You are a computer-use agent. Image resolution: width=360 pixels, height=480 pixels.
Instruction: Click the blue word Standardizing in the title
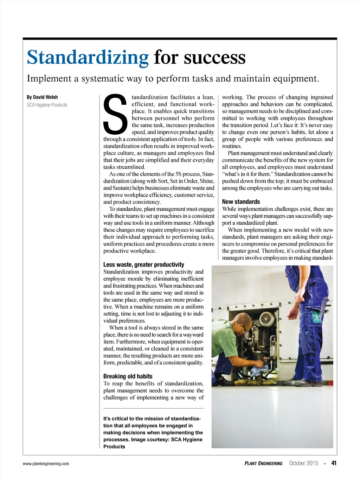(88, 57)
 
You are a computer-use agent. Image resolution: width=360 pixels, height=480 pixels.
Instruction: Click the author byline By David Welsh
(42, 97)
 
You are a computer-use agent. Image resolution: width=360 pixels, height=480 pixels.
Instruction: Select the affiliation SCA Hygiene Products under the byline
(47, 105)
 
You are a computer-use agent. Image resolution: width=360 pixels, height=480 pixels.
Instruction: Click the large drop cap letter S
(115, 115)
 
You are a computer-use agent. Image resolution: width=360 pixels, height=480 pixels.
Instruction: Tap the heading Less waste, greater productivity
(143, 264)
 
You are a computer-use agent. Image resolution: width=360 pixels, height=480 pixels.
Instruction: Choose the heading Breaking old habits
(128, 376)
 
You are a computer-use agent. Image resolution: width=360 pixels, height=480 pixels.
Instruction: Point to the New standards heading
(241, 201)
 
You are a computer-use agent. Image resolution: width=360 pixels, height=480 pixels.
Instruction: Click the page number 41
(334, 463)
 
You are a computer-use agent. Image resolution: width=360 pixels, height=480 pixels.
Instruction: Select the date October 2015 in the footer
(303, 463)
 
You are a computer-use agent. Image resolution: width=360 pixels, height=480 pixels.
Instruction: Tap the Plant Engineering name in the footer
(263, 463)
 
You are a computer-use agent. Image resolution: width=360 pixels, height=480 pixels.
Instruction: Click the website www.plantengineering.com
(46, 463)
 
